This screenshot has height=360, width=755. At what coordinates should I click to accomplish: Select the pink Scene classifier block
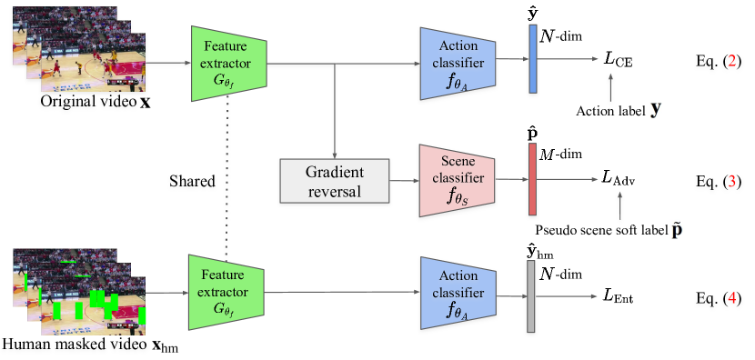456,180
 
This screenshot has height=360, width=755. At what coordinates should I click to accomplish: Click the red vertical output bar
533,180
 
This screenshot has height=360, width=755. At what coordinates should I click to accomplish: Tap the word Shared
191,181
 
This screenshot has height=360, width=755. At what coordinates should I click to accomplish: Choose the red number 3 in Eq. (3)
734,181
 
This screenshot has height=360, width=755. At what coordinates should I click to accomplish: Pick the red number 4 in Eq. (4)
734,297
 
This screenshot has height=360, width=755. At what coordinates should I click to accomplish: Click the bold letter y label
656,110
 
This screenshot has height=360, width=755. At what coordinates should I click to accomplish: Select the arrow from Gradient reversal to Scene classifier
403,180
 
